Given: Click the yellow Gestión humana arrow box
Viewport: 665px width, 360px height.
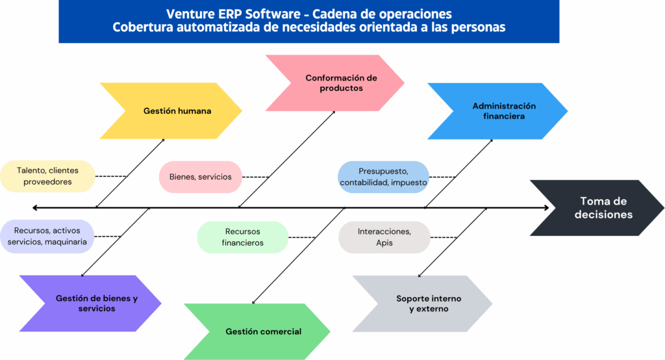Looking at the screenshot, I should (177, 111).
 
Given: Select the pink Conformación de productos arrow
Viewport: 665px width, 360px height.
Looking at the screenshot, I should (340, 83).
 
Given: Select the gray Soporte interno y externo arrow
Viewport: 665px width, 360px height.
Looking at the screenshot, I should (429, 303).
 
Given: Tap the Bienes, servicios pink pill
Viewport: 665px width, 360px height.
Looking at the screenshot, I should (201, 177).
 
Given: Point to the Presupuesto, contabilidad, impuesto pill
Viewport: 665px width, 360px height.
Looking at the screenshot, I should (383, 177).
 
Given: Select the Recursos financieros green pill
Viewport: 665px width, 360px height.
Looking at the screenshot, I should (242, 237).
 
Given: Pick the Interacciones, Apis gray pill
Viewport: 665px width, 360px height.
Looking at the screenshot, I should (384, 237).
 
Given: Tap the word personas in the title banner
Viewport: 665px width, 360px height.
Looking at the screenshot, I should (475, 27).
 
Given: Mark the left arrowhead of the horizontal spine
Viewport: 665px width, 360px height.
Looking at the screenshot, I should (35, 208).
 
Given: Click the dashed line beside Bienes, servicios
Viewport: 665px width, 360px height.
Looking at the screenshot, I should (256, 177).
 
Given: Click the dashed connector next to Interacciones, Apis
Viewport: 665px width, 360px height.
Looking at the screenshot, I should (444, 237).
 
